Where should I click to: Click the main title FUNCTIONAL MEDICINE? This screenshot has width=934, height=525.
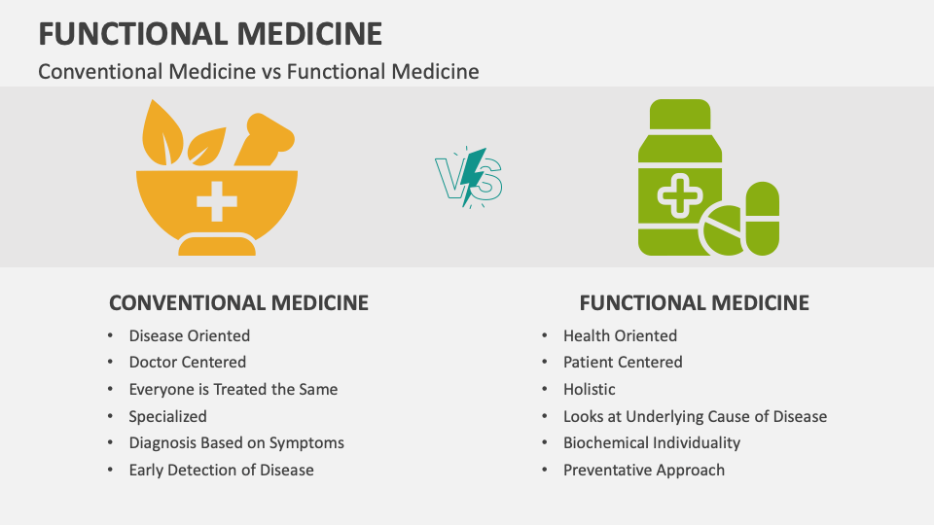pyautogui.click(x=210, y=33)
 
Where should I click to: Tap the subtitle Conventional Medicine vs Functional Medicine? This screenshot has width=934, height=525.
pyautogui.click(x=258, y=71)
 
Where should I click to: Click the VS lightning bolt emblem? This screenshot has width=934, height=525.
pyautogui.click(x=468, y=177)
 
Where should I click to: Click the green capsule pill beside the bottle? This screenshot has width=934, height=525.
pyautogui.click(x=762, y=218)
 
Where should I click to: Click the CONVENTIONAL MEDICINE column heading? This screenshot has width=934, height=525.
pyautogui.click(x=238, y=302)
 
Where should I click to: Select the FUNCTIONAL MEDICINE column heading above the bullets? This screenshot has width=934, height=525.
pyautogui.click(x=695, y=302)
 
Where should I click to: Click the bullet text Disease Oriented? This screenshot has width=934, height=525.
pyautogui.click(x=189, y=335)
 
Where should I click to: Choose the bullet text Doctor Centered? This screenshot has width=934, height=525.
pyautogui.click(x=187, y=362)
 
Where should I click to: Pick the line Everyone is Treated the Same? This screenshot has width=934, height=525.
pyautogui.click(x=233, y=389)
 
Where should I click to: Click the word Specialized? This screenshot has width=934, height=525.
pyautogui.click(x=167, y=416)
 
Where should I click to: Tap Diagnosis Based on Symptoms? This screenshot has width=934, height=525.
pyautogui.click(x=236, y=442)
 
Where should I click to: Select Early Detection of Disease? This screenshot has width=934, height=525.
pyautogui.click(x=221, y=470)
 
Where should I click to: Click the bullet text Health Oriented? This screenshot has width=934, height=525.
pyautogui.click(x=620, y=335)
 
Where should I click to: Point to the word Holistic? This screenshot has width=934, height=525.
pyautogui.click(x=589, y=389)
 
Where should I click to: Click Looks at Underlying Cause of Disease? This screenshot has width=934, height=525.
pyautogui.click(x=695, y=416)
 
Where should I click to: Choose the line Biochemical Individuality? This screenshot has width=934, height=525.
pyautogui.click(x=651, y=442)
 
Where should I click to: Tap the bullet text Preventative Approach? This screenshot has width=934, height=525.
pyautogui.click(x=643, y=470)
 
